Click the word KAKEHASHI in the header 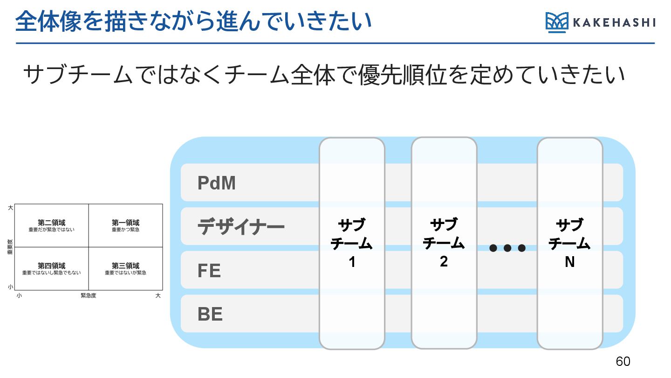coord(614,23)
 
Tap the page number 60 coord(623,361)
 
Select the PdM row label coord(217,183)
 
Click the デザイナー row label coord(241,228)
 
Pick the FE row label coord(209,271)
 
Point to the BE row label coord(210,315)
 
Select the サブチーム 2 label coord(444,243)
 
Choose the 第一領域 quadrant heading coord(125,223)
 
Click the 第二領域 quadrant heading coord(51,223)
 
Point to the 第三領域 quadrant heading coord(125,266)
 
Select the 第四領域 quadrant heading coord(51,266)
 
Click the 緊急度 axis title coord(88,296)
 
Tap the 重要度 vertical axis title coord(10,247)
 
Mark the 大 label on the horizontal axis coord(157,296)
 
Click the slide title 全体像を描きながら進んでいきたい coord(193,21)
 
